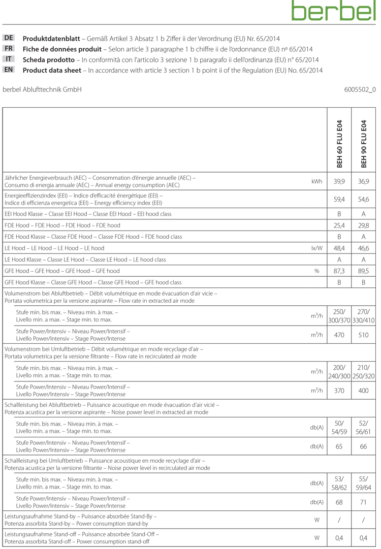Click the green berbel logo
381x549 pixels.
tap(333, 11)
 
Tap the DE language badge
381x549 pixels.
tap(9, 38)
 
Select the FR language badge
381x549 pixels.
tap(9, 49)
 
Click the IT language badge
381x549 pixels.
tap(9, 59)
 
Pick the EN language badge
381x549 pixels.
tap(9, 70)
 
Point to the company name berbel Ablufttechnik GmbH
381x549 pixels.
tap(42, 90)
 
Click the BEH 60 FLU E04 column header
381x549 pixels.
tap(339, 144)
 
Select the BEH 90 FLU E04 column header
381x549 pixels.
tap(364, 144)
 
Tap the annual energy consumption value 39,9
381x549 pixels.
tap(339, 182)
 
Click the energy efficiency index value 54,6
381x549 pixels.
tap(364, 200)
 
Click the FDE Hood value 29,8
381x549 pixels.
tap(364, 225)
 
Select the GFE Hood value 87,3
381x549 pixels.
tap(339, 271)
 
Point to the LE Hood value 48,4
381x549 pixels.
tap(339, 248)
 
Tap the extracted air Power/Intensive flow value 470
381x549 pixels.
tap(339, 335)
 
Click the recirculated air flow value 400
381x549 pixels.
tap(364, 391)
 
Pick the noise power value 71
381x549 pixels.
tap(364, 502)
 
